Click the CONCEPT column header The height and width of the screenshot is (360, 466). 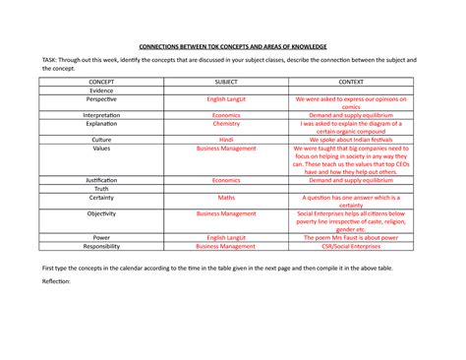(x=100, y=81)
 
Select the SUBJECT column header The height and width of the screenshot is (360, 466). (x=225, y=81)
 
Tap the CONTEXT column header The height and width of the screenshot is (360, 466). (x=349, y=81)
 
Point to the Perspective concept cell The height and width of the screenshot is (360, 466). (x=100, y=100)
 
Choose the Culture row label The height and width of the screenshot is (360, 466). (x=100, y=140)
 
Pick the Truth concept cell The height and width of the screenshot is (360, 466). (x=100, y=189)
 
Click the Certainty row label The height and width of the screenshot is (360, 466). (x=100, y=198)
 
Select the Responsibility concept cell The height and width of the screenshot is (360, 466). (x=100, y=247)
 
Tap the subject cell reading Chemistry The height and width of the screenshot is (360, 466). (x=225, y=125)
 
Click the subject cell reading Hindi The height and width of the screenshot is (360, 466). (x=225, y=140)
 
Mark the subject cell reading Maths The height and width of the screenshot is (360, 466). (x=225, y=198)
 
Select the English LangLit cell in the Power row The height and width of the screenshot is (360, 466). (x=225, y=237)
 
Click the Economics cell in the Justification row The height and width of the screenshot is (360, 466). (x=225, y=181)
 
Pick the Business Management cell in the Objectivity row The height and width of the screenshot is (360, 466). (x=225, y=212)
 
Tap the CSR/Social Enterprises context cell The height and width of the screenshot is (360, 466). (x=349, y=247)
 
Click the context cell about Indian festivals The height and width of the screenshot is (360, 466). (x=349, y=140)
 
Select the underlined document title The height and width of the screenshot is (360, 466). (x=233, y=47)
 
